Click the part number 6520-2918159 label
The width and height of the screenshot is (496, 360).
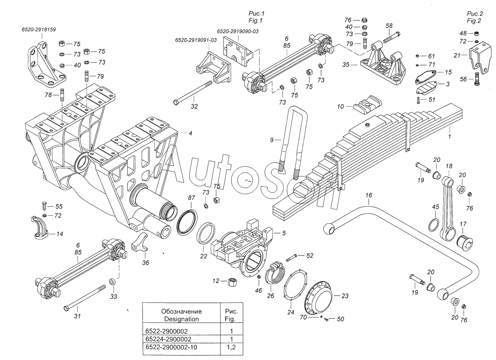[x=38, y=29]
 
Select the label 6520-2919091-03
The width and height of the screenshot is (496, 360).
[x=196, y=40]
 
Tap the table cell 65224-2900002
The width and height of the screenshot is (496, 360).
[x=168, y=339]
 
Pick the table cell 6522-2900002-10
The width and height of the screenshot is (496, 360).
[x=171, y=347]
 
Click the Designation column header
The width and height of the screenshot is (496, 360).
[x=181, y=315]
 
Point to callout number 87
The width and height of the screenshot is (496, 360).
[x=191, y=198]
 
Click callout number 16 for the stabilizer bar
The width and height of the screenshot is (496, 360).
[x=369, y=196]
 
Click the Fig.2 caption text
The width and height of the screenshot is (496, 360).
[x=474, y=17]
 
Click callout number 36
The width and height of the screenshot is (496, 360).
[x=145, y=263]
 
